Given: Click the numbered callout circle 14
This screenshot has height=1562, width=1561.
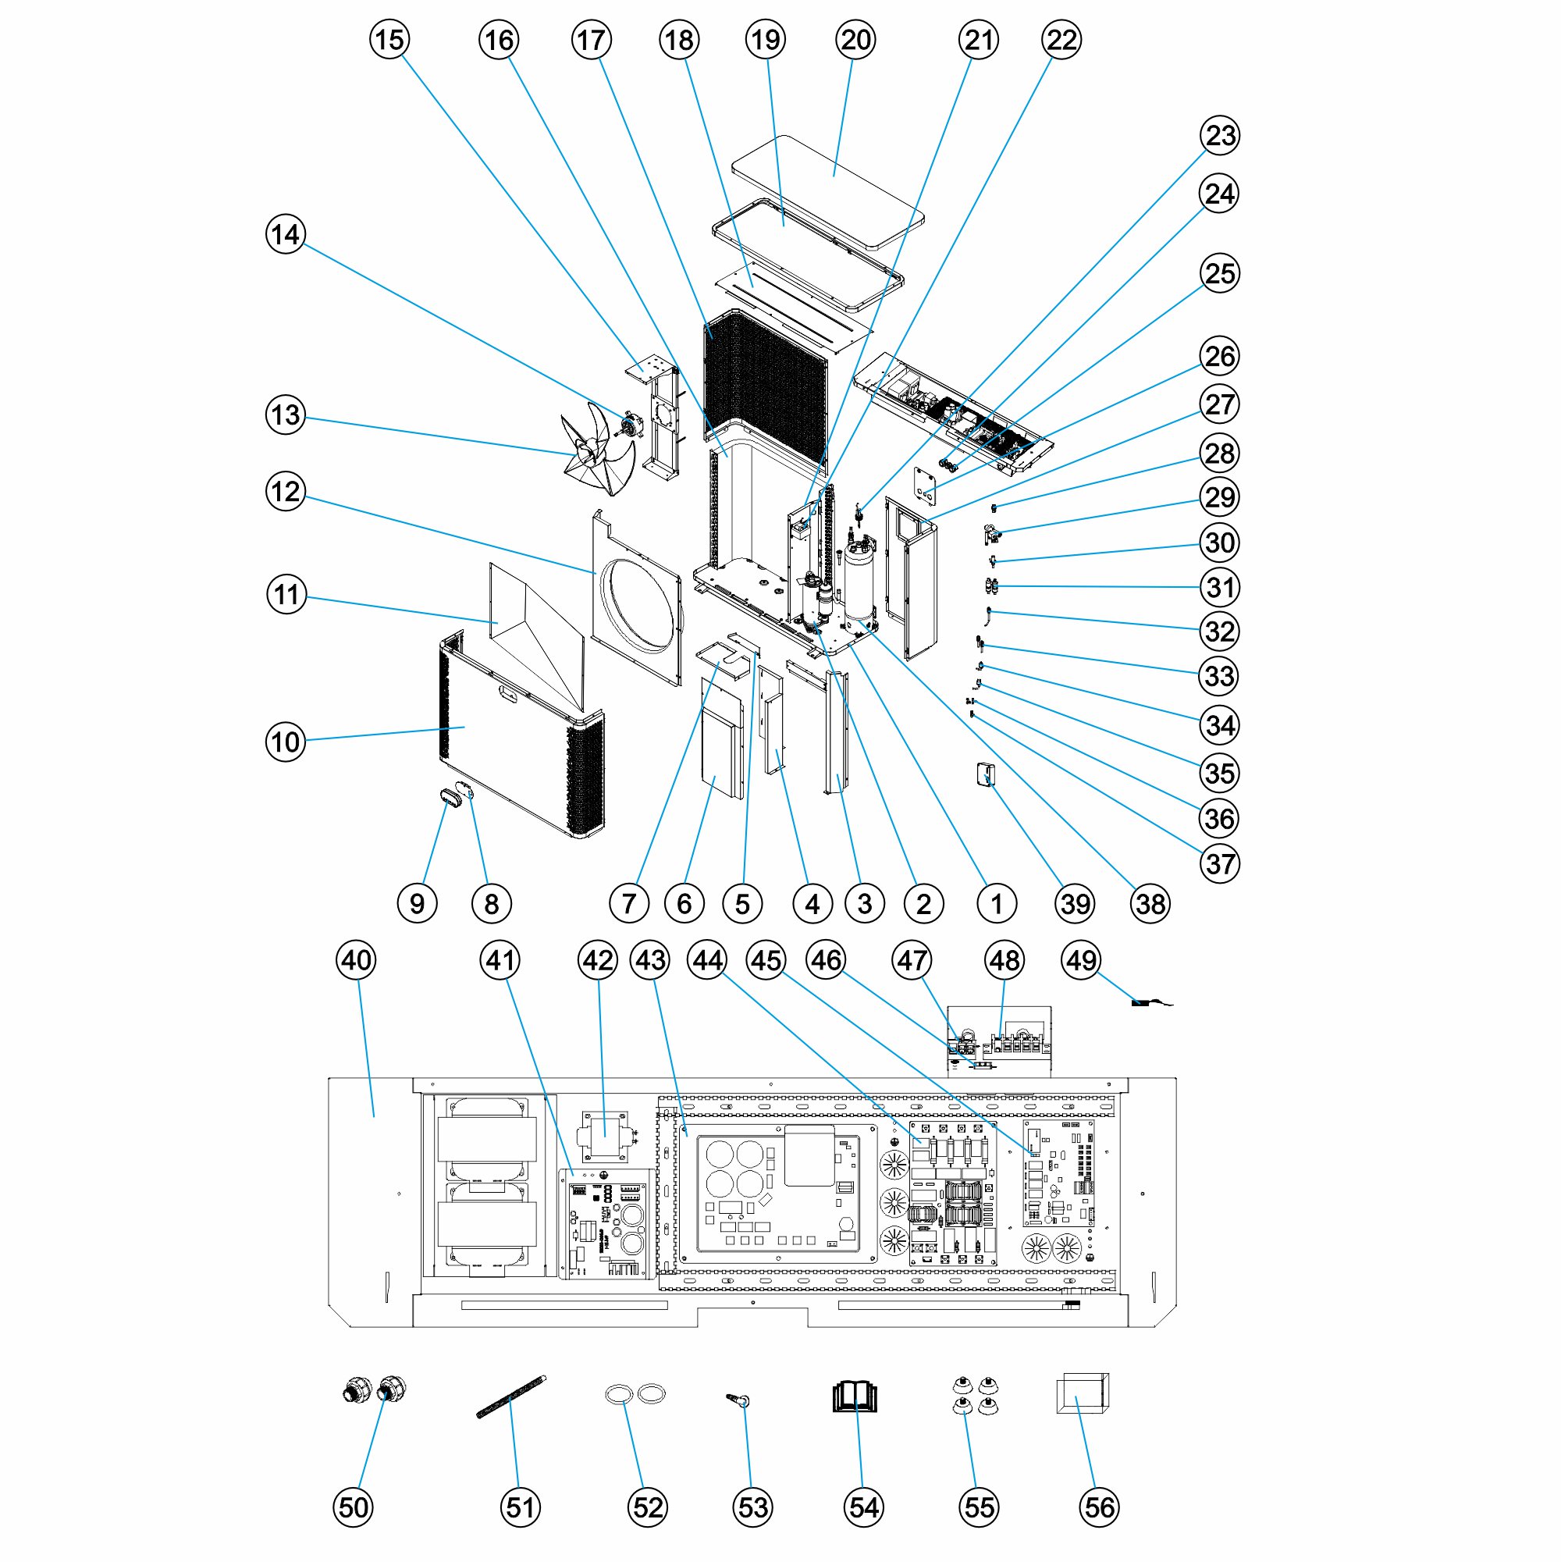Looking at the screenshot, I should (x=286, y=234).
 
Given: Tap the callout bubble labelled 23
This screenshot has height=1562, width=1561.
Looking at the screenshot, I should (x=1220, y=135).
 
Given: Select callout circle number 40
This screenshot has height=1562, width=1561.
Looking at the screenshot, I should (x=356, y=960).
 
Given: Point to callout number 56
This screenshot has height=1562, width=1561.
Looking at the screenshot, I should (x=1099, y=1507).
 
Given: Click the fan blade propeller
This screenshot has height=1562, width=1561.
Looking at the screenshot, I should (x=596, y=449).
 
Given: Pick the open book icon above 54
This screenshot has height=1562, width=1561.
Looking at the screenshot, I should (x=855, y=1397).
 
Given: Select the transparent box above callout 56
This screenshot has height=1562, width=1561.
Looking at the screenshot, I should (x=1083, y=1394).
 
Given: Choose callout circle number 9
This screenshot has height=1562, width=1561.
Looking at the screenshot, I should (x=417, y=903).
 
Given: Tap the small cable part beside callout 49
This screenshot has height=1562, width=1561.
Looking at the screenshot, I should (x=1143, y=1003).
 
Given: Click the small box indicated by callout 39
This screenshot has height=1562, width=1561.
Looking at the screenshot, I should (x=986, y=774).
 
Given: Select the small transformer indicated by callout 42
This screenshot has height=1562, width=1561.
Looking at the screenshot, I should (x=605, y=1134).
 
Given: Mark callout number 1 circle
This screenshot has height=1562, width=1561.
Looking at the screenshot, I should (x=996, y=903).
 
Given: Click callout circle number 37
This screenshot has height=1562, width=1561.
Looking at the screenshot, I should (x=1220, y=863).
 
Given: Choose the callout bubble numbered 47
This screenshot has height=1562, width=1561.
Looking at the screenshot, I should (x=912, y=960).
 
